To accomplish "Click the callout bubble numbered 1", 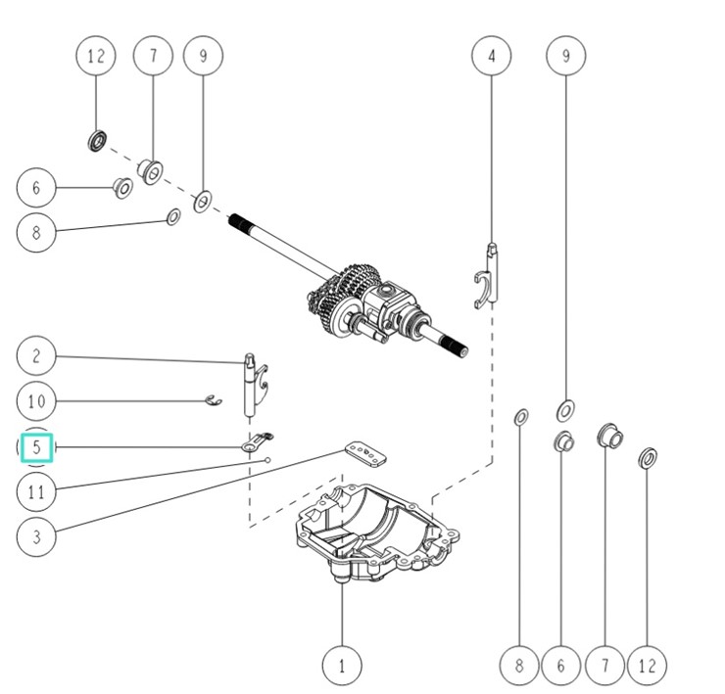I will [341, 667].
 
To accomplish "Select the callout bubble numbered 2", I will [36, 355].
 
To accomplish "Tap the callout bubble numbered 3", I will [36, 535].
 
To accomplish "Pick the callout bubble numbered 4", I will [492, 56].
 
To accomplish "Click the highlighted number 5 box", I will [36, 447].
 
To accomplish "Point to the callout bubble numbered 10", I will [36, 401].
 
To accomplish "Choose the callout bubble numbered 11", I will [36, 491].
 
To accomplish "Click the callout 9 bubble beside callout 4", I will [565, 56].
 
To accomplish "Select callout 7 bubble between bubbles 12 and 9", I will [153, 56].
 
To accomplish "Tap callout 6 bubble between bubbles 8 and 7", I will [561, 667].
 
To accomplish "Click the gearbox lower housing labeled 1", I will [377, 533].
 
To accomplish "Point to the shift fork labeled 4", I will [491, 277].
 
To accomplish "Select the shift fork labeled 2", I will [254, 382].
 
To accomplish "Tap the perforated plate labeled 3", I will [365, 452].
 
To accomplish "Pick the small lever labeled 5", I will [259, 443].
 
